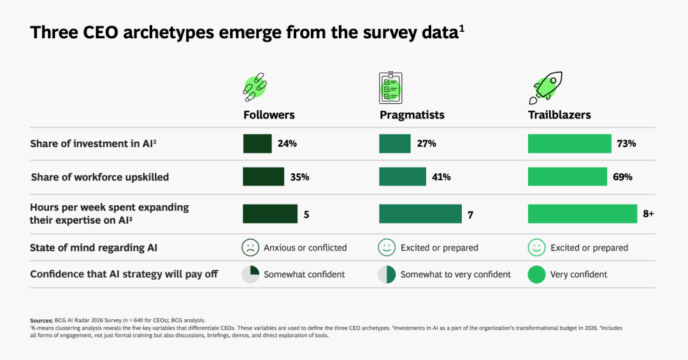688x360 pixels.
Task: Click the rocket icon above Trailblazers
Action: click(545, 88)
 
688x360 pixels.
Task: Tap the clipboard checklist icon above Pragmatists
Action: click(391, 88)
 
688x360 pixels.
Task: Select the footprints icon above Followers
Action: click(255, 88)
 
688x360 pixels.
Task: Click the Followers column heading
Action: click(269, 115)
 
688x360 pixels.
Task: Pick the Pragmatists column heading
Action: click(412, 115)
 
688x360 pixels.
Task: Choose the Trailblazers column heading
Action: click(559, 115)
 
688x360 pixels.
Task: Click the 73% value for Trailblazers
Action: click(626, 143)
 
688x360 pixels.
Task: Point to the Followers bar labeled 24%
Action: click(257, 143)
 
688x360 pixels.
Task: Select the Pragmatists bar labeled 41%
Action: click(402, 176)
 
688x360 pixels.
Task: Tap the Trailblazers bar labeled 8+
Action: click(582, 214)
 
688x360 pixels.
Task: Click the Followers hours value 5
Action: click(306, 215)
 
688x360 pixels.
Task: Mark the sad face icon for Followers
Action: click(250, 247)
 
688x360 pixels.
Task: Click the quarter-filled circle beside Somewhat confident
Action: click(250, 274)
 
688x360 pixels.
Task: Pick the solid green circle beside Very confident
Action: click(536, 274)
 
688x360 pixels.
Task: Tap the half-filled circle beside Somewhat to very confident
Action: click(387, 274)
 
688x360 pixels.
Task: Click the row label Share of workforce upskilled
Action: click(100, 177)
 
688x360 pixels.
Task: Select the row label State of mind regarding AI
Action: click(94, 247)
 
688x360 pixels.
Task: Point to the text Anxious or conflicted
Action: click(305, 247)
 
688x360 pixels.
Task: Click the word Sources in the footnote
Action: click(41, 319)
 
